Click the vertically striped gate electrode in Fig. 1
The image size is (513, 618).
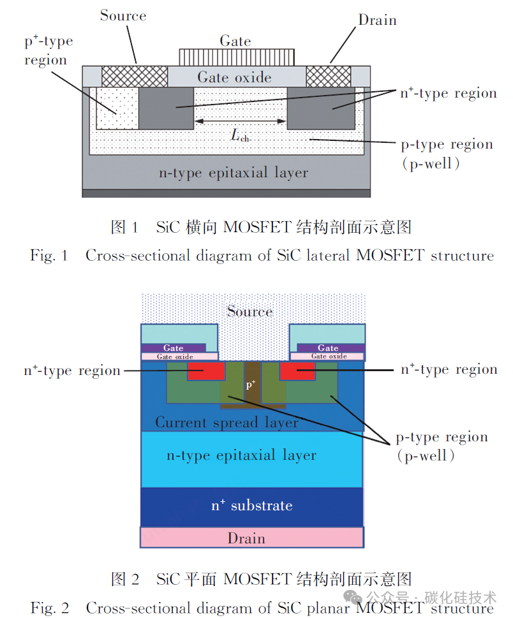237,57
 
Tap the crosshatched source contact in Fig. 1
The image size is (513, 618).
135,77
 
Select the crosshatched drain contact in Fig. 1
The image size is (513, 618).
329,77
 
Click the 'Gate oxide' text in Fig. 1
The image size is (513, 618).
234,77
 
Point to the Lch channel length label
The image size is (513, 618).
240,135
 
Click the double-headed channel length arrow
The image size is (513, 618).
240,121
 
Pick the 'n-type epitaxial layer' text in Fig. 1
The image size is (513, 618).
234,173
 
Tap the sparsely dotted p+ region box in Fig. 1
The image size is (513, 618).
117,108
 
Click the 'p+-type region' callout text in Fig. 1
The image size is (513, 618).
48,50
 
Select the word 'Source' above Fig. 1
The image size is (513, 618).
123,16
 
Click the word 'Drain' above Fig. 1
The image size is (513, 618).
377,20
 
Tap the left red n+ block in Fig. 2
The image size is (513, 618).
206,371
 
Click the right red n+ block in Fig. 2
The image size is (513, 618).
298,371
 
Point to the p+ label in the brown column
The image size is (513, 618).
251,385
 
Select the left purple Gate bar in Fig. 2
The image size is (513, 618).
174,348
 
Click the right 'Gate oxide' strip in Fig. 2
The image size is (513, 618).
327,357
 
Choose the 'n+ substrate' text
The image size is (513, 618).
252,505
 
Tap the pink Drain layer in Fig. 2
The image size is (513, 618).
252,538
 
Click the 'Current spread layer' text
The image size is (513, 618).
227,422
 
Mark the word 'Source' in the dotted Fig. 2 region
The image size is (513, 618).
250,311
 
